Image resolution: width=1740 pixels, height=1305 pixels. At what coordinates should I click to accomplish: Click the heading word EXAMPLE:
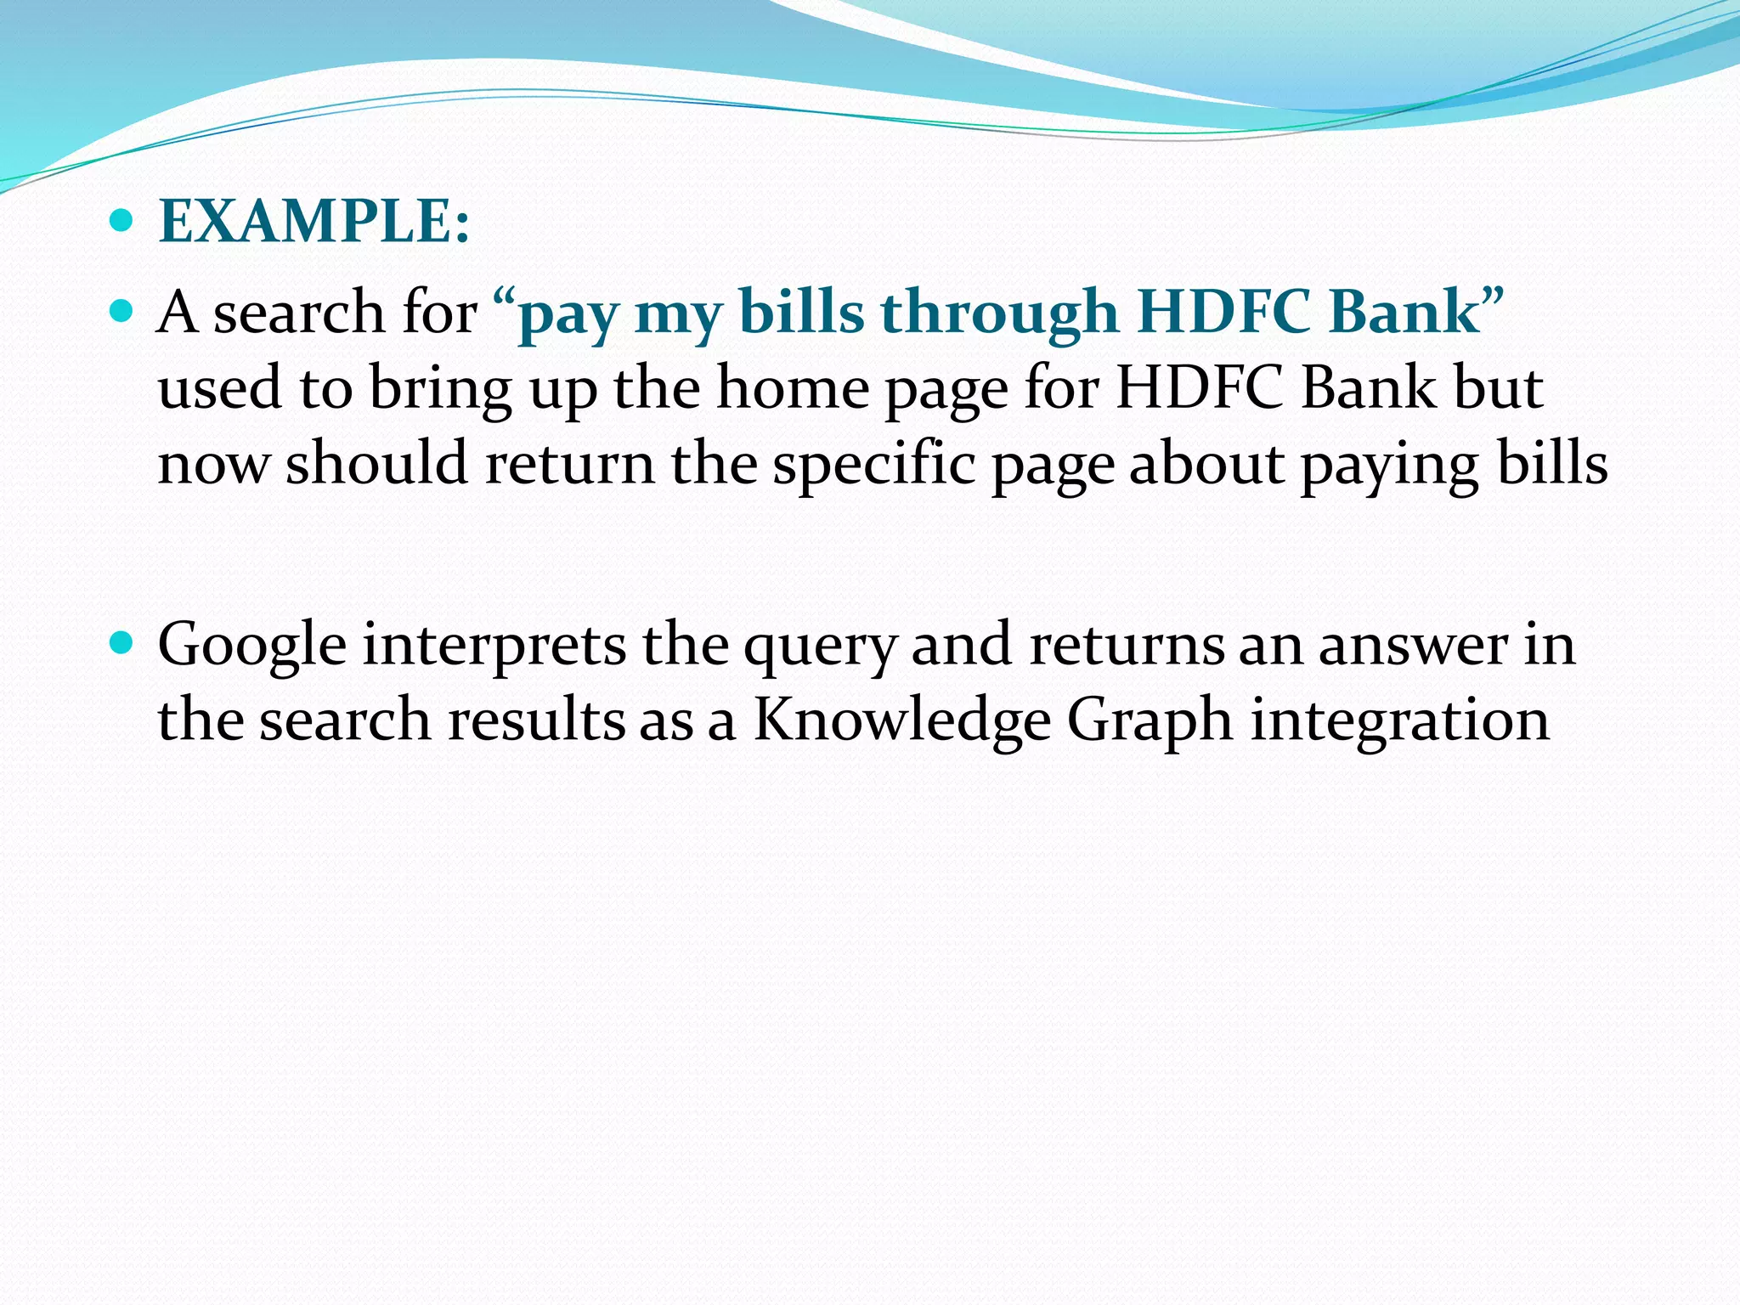coord(314,222)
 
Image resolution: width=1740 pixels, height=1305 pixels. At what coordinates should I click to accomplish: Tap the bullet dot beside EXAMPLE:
coord(122,221)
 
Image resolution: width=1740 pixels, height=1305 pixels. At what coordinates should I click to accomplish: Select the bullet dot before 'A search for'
coord(122,311)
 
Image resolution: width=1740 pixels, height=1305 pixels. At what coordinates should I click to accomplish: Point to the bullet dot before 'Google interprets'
coord(122,643)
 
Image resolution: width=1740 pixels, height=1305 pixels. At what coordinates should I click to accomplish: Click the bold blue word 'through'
coord(999,313)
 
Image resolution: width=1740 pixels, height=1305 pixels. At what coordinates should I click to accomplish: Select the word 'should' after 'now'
coord(376,464)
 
